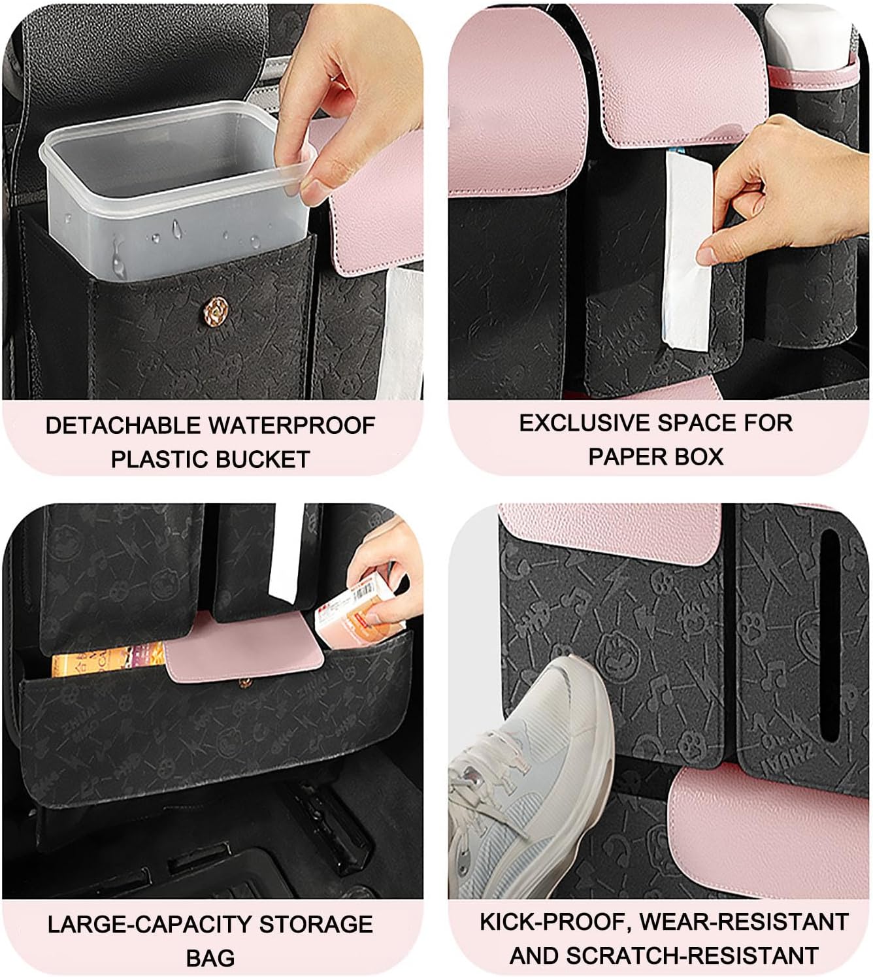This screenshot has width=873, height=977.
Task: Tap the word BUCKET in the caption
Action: [263, 459]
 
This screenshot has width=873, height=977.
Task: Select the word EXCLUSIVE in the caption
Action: [585, 423]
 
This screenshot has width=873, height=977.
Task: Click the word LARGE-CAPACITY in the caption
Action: [149, 925]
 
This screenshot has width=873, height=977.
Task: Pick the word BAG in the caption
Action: [210, 958]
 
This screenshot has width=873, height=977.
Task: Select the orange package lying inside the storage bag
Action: [108, 658]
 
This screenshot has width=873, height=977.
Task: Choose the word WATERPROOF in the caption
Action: [292, 425]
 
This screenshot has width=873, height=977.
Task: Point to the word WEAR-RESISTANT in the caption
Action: [744, 922]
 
